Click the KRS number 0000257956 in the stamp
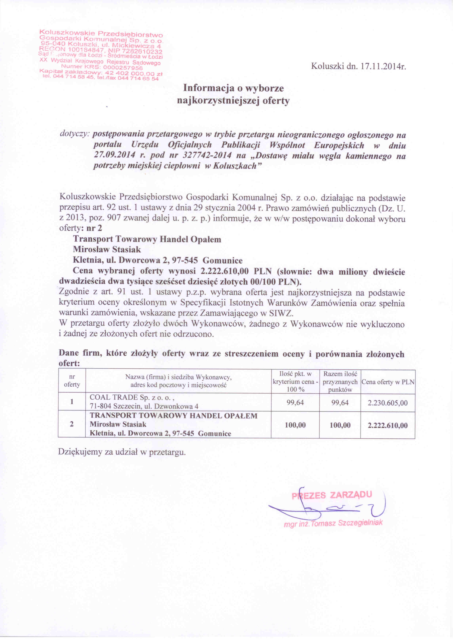point(123,68)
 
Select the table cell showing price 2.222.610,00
point(388,425)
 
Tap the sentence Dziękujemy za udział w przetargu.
point(122,452)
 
